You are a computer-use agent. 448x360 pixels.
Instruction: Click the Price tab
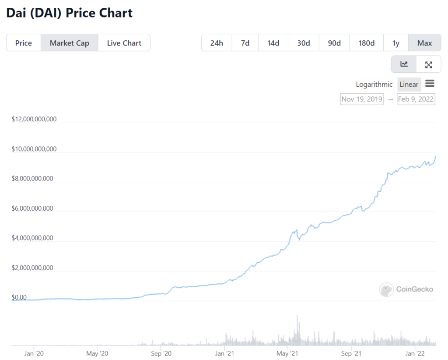click(x=24, y=43)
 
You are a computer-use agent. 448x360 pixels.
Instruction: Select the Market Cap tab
click(x=69, y=43)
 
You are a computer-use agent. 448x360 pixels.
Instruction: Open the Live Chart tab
click(x=124, y=43)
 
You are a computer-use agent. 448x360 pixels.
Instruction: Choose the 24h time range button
click(x=217, y=43)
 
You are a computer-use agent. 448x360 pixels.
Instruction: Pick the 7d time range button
click(x=245, y=43)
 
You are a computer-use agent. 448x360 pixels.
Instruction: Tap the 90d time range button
click(x=334, y=43)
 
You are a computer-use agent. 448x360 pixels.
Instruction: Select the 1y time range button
click(x=396, y=43)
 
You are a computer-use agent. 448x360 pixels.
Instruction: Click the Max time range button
click(x=424, y=43)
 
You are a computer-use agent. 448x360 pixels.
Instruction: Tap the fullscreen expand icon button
click(x=428, y=64)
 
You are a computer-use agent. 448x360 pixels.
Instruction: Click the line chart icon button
click(x=404, y=64)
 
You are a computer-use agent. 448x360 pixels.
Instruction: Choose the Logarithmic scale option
click(x=374, y=85)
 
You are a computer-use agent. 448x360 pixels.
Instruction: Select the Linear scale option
click(x=409, y=85)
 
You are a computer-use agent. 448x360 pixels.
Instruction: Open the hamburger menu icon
click(x=430, y=84)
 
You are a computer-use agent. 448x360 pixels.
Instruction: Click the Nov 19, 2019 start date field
click(x=362, y=99)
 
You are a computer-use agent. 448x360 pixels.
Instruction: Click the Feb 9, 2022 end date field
click(x=416, y=99)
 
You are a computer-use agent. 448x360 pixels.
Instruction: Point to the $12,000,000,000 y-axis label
click(x=34, y=119)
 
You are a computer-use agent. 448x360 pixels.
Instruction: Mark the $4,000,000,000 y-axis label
click(x=32, y=238)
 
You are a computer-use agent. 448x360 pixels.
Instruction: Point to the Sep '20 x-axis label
click(x=162, y=353)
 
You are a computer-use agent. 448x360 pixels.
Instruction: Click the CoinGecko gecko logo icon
click(x=386, y=289)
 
